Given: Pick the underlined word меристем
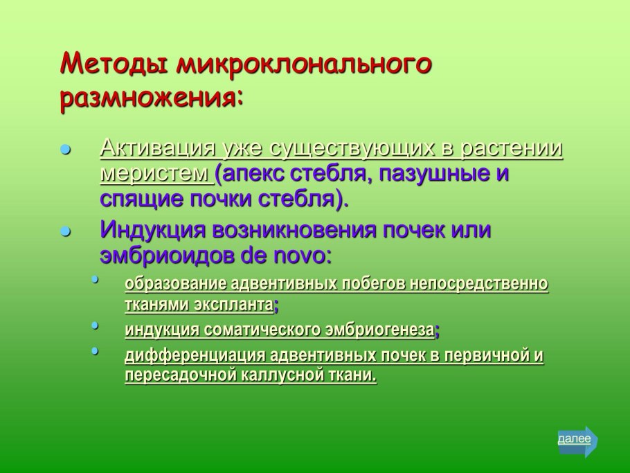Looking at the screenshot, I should [154, 173].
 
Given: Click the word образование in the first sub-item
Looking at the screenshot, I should [176, 284].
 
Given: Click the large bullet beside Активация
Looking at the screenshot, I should [66, 150].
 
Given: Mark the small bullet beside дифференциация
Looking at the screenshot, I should [95, 350].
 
